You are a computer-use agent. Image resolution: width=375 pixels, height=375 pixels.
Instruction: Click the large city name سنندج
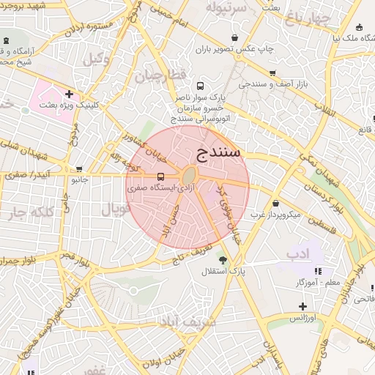coord(219,152)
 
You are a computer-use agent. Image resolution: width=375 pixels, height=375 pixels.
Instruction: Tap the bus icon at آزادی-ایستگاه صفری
coord(160,177)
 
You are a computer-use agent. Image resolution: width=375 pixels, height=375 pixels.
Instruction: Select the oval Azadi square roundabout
coord(188,177)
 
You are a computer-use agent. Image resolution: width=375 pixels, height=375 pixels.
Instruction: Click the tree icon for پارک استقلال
coord(223,260)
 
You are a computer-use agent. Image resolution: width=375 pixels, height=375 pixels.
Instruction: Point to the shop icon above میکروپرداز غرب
coord(275,203)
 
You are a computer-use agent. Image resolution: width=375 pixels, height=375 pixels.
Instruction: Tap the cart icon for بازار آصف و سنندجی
coord(272,73)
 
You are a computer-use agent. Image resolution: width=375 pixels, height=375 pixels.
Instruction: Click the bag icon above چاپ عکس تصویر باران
coord(234,37)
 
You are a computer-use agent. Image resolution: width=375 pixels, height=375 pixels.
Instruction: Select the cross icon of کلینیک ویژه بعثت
coord(69,94)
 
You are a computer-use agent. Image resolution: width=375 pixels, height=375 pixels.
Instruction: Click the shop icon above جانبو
coord(79,168)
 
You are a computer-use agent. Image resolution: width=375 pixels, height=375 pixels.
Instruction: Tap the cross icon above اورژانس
coord(302,305)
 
